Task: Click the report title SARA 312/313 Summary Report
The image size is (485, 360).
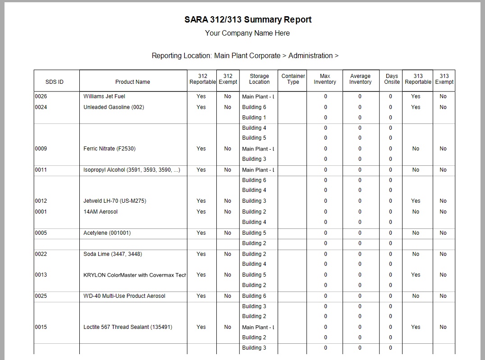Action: tap(247, 20)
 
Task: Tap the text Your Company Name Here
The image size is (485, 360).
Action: tap(247, 33)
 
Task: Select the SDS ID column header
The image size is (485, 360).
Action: tap(55, 82)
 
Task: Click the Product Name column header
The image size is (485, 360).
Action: tap(133, 82)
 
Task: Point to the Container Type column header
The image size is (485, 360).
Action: tap(293, 79)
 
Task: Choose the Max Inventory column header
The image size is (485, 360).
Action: tap(325, 79)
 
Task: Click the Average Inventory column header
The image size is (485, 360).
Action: tap(360, 79)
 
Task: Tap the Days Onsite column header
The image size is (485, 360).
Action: tap(392, 79)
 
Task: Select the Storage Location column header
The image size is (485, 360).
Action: tap(259, 79)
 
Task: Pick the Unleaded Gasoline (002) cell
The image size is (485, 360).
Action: tap(114, 107)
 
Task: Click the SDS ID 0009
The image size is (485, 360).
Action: tap(41, 149)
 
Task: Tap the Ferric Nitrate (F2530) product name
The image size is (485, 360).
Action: tap(110, 149)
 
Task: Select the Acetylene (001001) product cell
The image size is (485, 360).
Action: tap(107, 233)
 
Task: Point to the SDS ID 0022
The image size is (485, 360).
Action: tap(41, 254)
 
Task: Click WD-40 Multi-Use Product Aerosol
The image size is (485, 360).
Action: tap(124, 296)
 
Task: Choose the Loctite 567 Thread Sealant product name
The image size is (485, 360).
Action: tap(128, 327)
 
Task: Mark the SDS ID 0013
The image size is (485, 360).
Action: tap(41, 275)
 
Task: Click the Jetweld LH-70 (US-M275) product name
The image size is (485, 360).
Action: tap(115, 201)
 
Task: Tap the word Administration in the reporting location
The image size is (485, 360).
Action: tap(310, 56)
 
